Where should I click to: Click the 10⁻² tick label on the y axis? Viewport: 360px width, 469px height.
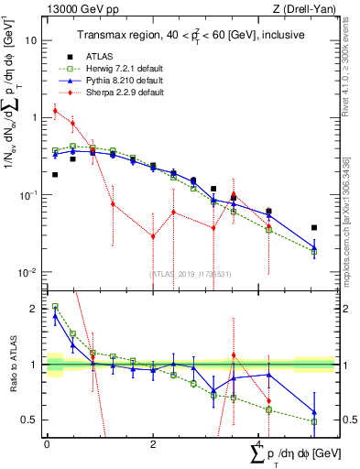[x=29, y=273]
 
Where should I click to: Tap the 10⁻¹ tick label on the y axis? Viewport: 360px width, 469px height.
[x=29, y=196]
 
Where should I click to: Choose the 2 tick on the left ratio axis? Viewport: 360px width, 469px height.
[x=34, y=310]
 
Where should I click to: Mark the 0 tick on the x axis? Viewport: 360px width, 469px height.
[x=47, y=443]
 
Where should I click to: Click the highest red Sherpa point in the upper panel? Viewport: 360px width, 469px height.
[x=55, y=111]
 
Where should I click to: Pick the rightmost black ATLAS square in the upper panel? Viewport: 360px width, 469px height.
[x=314, y=227]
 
